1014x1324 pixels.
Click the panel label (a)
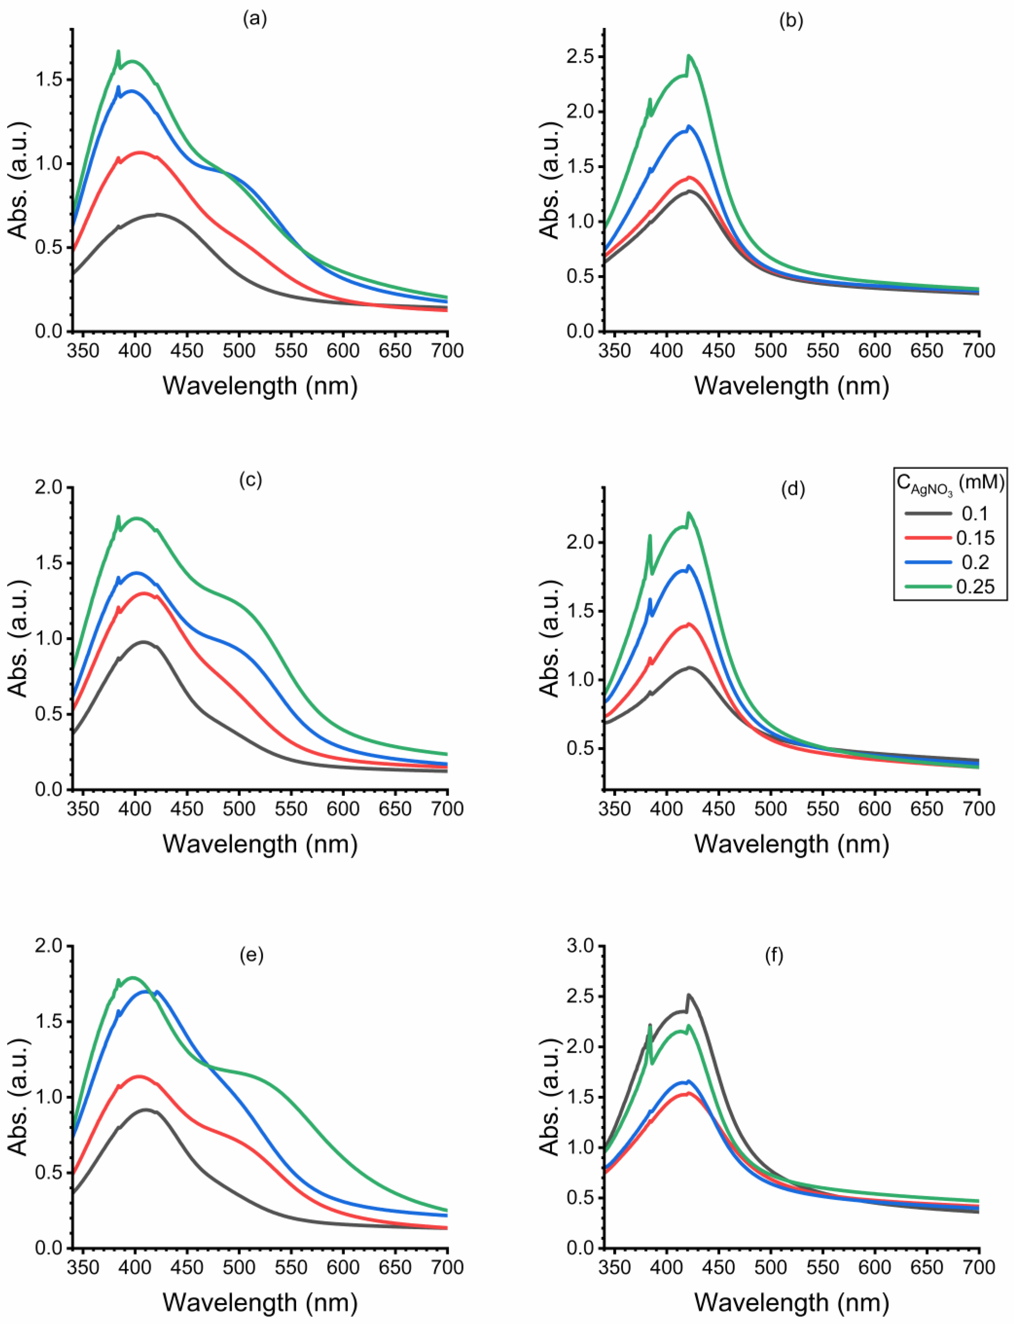[254, 19]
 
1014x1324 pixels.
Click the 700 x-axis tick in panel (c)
[447, 808]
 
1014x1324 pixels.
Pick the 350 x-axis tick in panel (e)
[83, 1267]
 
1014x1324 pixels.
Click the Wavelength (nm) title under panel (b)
[791, 385]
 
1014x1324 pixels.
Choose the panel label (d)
[793, 490]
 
